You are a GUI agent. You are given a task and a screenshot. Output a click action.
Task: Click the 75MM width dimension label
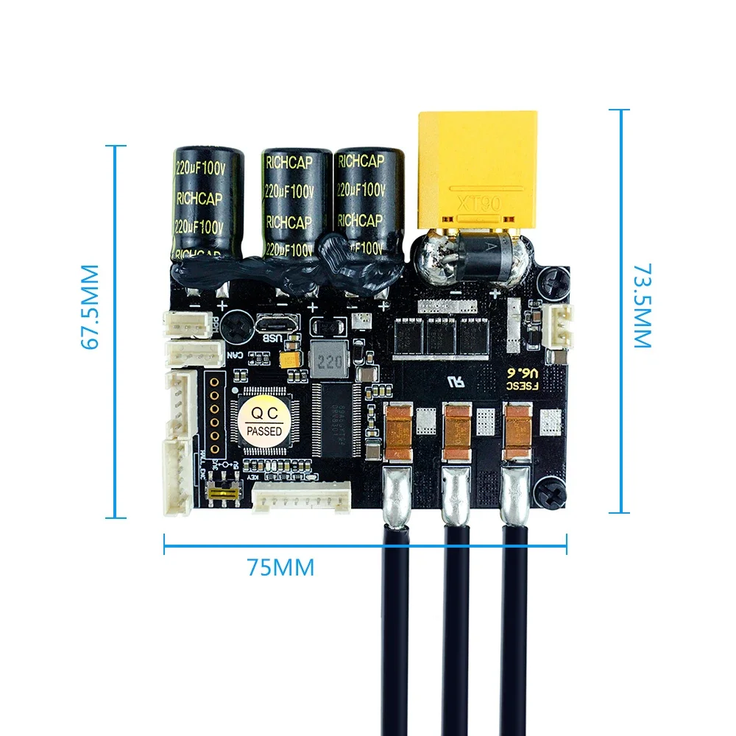tap(280, 567)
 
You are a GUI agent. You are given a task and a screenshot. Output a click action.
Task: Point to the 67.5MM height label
tap(90, 307)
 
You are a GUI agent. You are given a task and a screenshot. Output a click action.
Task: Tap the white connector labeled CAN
tap(193, 353)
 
